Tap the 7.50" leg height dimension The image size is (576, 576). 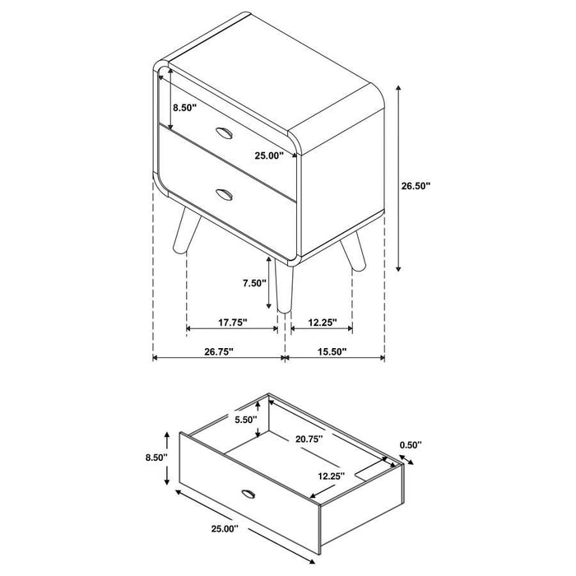[x=255, y=282]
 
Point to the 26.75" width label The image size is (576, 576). [x=218, y=351]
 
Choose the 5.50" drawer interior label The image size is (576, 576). [x=244, y=419]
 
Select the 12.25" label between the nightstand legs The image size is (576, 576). [x=319, y=323]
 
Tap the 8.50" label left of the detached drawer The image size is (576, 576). [x=155, y=457]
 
